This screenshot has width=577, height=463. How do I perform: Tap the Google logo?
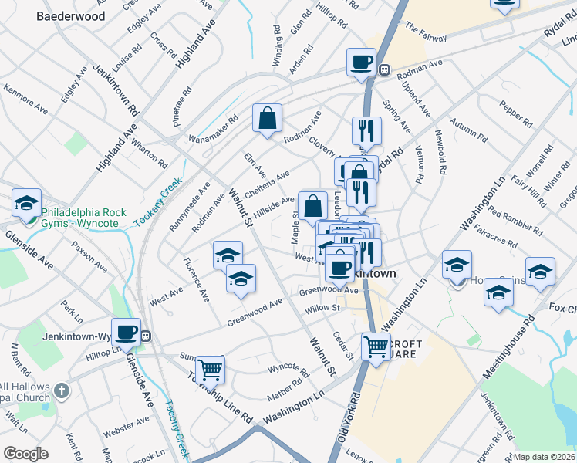coord(25,454)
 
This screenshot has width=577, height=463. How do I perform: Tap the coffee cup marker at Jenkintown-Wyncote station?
coord(126,332)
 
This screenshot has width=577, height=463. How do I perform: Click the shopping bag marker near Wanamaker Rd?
coord(267,118)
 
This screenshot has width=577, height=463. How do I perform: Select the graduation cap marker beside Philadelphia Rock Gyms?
coord(27,202)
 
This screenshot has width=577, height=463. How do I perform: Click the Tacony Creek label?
coord(178,432)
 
